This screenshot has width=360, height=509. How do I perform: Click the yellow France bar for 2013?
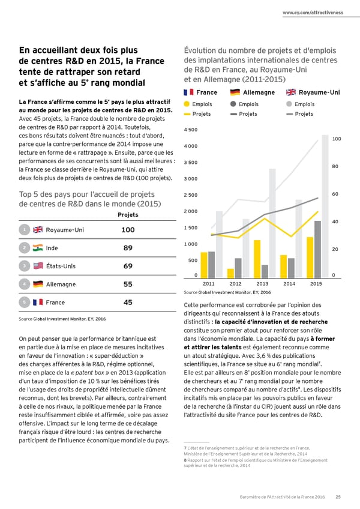click(x=257, y=258)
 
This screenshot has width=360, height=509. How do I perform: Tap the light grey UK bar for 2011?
click(x=219, y=243)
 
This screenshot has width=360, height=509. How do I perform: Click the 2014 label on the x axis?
click(x=290, y=283)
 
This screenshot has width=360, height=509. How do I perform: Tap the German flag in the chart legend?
click(x=235, y=92)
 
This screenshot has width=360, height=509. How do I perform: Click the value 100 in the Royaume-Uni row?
click(x=127, y=230)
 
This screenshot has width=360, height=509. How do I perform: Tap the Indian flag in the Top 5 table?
click(x=37, y=248)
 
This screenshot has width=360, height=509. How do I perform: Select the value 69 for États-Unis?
click(x=127, y=266)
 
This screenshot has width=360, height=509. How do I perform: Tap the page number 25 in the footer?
click(x=338, y=496)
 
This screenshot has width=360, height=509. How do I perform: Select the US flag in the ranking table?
click(x=37, y=267)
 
